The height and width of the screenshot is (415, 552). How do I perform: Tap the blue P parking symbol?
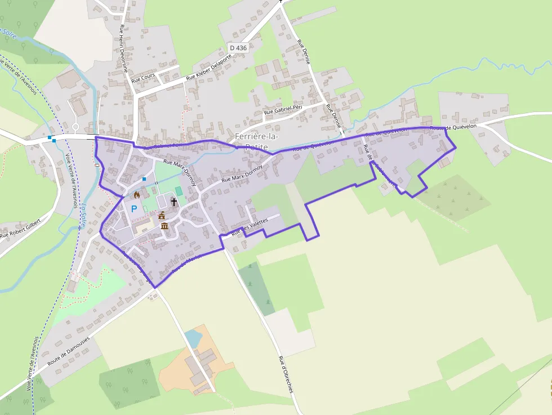pos(134,209)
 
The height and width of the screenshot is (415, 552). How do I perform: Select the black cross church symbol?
pos(173,201)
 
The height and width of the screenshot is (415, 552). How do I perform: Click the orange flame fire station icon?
pos(136,195)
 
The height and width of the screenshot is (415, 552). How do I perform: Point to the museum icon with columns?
pos(164,226)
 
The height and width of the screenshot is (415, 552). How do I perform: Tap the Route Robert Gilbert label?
pos(21,227)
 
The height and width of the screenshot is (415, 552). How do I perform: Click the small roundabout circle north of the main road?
pos(75,127)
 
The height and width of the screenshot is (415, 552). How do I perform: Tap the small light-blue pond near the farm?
pos(193,338)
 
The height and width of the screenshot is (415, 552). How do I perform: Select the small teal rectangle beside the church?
pos(179,191)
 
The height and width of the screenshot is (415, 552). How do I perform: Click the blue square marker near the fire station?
pos(144,179)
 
